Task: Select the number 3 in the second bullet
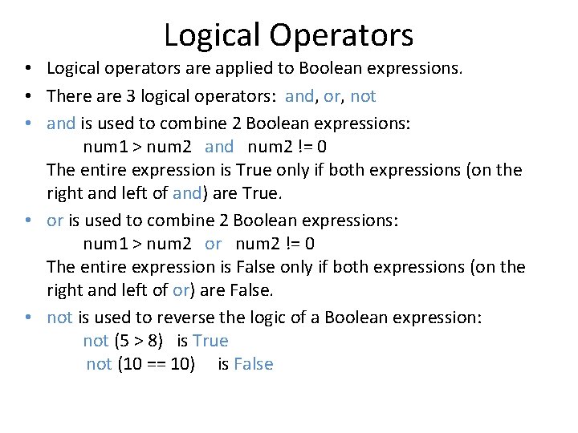[129, 96]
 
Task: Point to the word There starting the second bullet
[69, 96]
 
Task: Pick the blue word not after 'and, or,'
[363, 96]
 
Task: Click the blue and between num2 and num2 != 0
[219, 147]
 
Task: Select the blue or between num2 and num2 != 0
[213, 243]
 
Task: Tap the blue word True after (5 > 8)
[210, 341]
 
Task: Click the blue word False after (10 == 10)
[253, 364]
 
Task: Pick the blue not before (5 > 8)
[96, 341]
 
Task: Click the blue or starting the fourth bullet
[55, 220]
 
